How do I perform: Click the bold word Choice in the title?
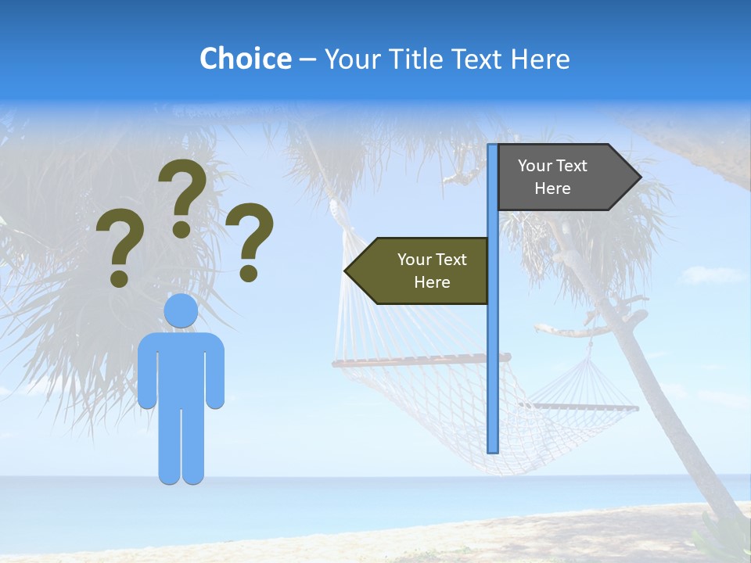pos(245,59)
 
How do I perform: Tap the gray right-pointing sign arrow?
pos(563,177)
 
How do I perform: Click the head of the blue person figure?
pos(181,311)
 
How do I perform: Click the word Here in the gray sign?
pos(552,188)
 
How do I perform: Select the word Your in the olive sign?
pos(414,260)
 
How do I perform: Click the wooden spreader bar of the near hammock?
pos(415,361)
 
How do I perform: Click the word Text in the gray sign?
pos(572,166)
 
